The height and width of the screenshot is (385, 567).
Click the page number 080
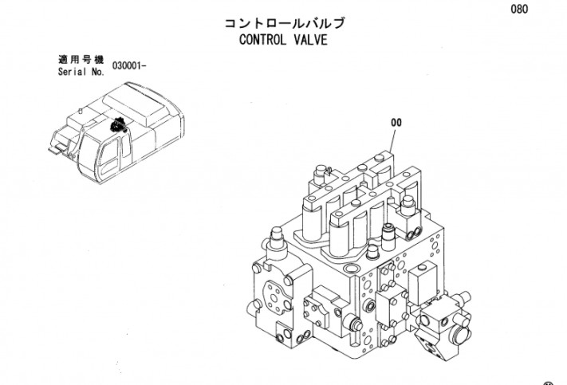click(x=519, y=9)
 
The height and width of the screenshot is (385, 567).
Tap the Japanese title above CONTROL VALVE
click(x=284, y=23)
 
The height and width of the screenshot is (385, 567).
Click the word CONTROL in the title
click(x=262, y=40)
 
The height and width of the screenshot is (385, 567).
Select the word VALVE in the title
click(x=310, y=40)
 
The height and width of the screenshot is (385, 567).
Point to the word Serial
click(x=73, y=72)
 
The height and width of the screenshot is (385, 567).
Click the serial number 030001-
click(x=129, y=66)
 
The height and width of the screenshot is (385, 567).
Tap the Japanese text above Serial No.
click(x=81, y=59)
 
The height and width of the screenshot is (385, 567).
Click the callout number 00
click(x=396, y=123)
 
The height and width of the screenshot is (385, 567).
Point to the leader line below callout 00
click(x=392, y=140)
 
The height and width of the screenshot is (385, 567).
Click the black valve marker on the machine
click(x=118, y=125)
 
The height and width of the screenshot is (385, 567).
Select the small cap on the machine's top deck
click(x=81, y=111)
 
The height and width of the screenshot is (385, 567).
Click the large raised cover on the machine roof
click(x=140, y=103)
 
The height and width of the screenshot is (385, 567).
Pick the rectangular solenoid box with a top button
click(x=423, y=283)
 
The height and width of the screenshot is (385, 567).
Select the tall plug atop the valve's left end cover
click(x=277, y=238)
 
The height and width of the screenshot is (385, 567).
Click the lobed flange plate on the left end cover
click(x=276, y=297)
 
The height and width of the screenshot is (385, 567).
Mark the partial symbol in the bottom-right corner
click(x=549, y=383)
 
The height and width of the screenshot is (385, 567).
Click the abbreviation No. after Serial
click(x=97, y=72)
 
